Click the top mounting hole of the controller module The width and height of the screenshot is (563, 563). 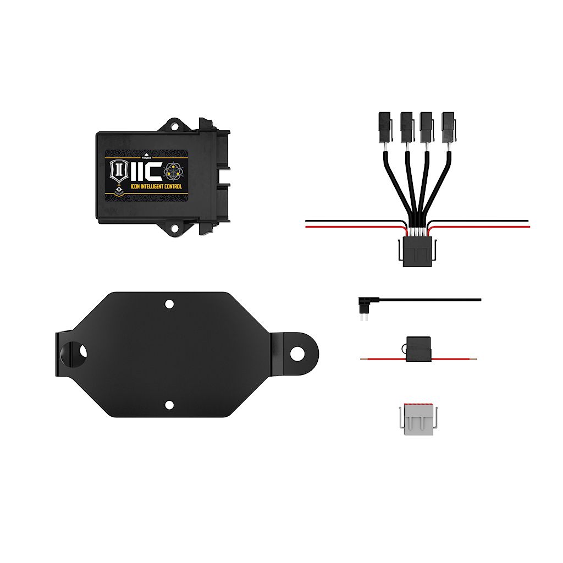pyautogui.click(x=174, y=126)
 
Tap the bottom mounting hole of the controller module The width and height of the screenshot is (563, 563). pyautogui.click(x=174, y=227)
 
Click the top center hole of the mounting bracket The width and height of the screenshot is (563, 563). pyautogui.click(x=169, y=303)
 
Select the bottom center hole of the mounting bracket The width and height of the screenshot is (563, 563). pyautogui.click(x=169, y=405)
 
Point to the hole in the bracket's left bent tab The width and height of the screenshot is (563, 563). pyautogui.click(x=82, y=350)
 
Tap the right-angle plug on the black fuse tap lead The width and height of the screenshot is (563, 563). pyautogui.click(x=365, y=303)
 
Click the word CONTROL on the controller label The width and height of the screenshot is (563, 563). pyautogui.click(x=172, y=187)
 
